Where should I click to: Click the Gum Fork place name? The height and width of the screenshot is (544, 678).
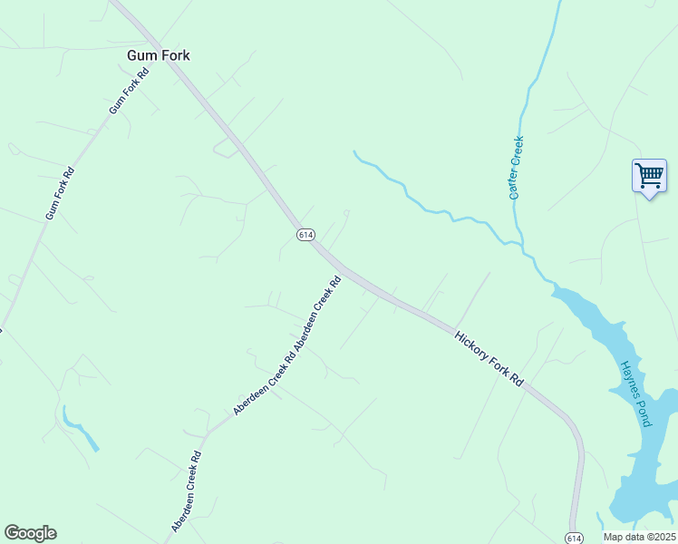tap(158, 55)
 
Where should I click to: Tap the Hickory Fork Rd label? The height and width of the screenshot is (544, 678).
tap(489, 358)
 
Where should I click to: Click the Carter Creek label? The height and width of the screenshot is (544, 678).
tap(516, 168)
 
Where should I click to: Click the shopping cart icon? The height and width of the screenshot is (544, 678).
tap(649, 175)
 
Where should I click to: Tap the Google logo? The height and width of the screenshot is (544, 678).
tap(30, 533)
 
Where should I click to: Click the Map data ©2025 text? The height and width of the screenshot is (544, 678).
tap(640, 537)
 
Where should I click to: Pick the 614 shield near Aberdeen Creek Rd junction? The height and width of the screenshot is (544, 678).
tap(305, 234)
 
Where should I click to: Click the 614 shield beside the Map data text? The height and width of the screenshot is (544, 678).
tap(573, 538)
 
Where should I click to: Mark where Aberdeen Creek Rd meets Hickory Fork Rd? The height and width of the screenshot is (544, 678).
tap(340, 268)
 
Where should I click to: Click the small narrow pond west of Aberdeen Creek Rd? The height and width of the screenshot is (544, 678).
tap(82, 431)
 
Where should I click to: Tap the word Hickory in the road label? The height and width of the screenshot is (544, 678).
tap(472, 345)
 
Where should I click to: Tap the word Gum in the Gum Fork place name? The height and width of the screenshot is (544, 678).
tap(139, 55)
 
